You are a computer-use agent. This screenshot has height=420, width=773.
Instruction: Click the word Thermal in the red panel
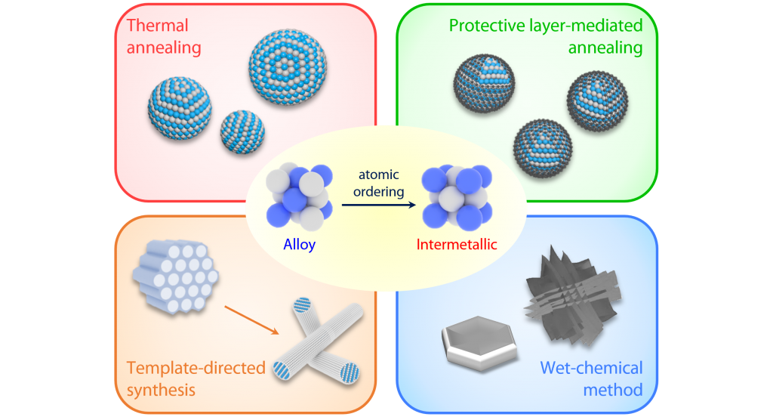pyautogui.click(x=156, y=25)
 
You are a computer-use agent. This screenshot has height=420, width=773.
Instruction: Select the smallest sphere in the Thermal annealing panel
pyautogui.click(x=242, y=134)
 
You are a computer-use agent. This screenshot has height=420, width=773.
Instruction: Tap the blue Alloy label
pyautogui.click(x=300, y=245)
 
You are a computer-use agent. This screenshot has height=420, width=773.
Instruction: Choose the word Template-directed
pyautogui.click(x=196, y=369)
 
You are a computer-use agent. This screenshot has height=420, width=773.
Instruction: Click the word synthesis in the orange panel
pyautogui.click(x=161, y=390)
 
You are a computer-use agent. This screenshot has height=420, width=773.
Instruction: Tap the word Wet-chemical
pyautogui.click(x=591, y=369)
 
